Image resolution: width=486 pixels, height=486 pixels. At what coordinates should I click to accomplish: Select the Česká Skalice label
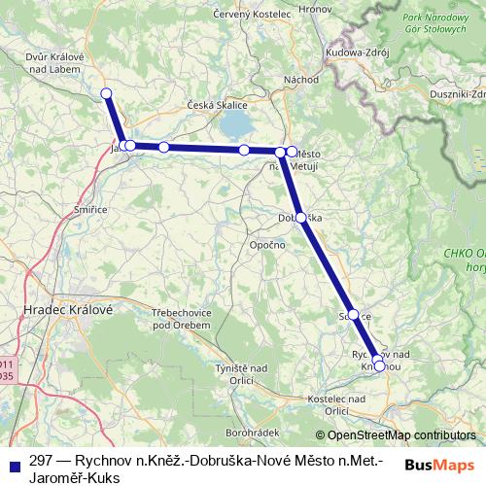click(x=222, y=104)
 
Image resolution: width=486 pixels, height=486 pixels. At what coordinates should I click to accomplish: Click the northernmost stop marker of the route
click(x=107, y=93)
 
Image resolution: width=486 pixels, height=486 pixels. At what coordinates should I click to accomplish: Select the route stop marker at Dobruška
click(x=301, y=218)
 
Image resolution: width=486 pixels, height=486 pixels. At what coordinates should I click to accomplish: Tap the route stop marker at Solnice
click(x=354, y=314)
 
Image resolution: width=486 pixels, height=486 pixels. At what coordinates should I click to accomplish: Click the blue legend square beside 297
click(x=14, y=461)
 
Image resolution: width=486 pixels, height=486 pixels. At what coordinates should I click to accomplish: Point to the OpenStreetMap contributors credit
click(x=396, y=434)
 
